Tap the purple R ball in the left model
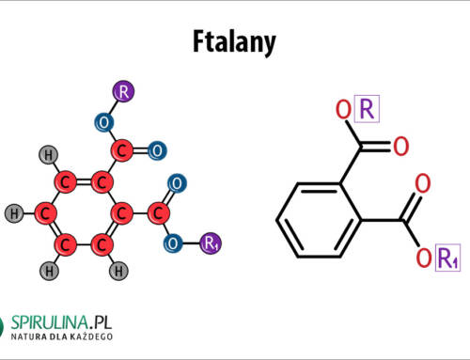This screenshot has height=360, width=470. [x=124, y=92]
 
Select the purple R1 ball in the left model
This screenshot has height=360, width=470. [x=210, y=244]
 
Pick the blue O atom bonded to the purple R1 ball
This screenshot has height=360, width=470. [x=173, y=244]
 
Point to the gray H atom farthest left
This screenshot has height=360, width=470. [x=13, y=213]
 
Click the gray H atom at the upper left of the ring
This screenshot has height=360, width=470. [x=45, y=154]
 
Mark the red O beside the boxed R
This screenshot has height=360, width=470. [x=344, y=111]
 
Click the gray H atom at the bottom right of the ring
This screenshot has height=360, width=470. [x=120, y=273]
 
